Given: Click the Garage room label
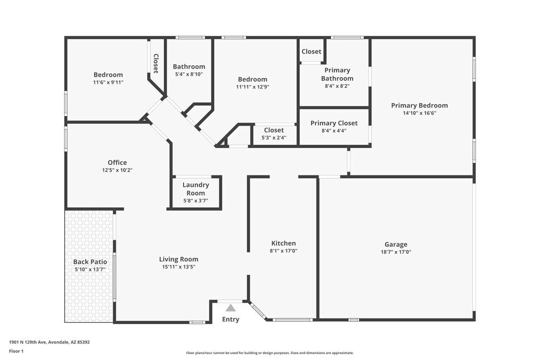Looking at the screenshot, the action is [x=396, y=244].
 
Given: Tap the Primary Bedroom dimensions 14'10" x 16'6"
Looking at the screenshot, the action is [x=420, y=113].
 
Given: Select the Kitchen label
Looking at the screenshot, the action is [x=283, y=243].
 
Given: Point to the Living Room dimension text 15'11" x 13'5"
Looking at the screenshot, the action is [x=178, y=267].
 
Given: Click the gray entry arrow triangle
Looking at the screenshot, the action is [x=231, y=308].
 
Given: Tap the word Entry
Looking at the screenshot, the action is [x=231, y=320].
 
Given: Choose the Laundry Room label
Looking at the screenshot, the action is [x=195, y=189].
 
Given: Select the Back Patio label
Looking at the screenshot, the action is [x=90, y=262].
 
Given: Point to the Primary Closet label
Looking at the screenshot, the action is [x=334, y=123].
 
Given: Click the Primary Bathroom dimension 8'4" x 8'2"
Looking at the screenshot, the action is [x=337, y=86].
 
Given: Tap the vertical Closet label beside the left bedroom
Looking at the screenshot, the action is [x=156, y=63].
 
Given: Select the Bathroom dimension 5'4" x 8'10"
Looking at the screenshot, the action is [x=189, y=74].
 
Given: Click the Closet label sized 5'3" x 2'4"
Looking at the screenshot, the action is [x=274, y=130].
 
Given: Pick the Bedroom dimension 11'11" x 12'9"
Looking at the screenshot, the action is [x=253, y=87].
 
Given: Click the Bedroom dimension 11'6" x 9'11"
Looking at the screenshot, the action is [x=108, y=83].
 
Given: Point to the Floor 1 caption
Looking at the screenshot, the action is [x=16, y=351].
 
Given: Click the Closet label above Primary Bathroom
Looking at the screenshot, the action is [x=312, y=52].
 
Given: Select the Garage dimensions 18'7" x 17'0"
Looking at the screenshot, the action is [x=396, y=252].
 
